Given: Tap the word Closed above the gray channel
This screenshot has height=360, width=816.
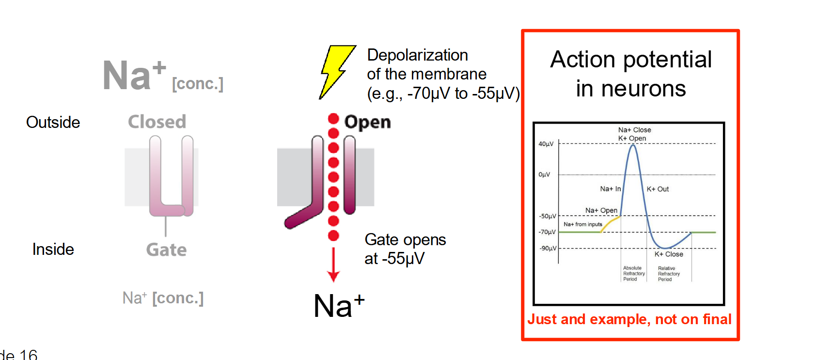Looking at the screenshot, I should (x=157, y=122).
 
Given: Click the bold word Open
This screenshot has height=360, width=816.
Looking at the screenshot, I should (x=367, y=122).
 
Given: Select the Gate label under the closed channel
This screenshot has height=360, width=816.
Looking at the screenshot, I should (x=166, y=250).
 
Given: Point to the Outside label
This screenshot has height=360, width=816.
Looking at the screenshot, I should (x=53, y=122).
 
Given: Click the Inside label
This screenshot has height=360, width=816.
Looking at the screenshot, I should (x=53, y=249).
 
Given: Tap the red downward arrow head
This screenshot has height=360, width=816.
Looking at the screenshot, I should (x=333, y=276).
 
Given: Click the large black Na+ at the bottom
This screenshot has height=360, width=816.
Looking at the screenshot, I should (x=339, y=306).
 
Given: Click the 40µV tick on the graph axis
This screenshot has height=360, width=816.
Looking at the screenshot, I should (x=546, y=144).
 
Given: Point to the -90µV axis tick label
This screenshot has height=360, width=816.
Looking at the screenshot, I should (x=548, y=248).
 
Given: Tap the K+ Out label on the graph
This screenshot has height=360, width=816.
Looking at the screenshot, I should (x=658, y=189).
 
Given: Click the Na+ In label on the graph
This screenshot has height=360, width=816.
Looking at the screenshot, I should (x=610, y=188).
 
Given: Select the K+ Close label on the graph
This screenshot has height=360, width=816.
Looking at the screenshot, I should (x=669, y=254).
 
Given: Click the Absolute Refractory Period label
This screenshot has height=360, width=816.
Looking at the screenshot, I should (x=633, y=273).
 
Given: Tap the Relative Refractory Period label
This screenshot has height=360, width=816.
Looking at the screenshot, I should (x=669, y=274).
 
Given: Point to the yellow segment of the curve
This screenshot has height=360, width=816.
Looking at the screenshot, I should (x=611, y=223).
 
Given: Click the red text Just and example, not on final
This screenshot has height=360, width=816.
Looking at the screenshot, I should (x=629, y=319).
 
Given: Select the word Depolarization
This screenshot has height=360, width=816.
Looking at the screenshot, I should (x=417, y=55).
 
